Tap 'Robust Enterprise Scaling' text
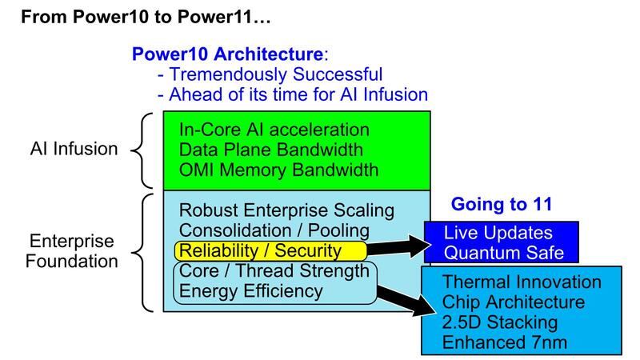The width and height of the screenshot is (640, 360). pos(287,211)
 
